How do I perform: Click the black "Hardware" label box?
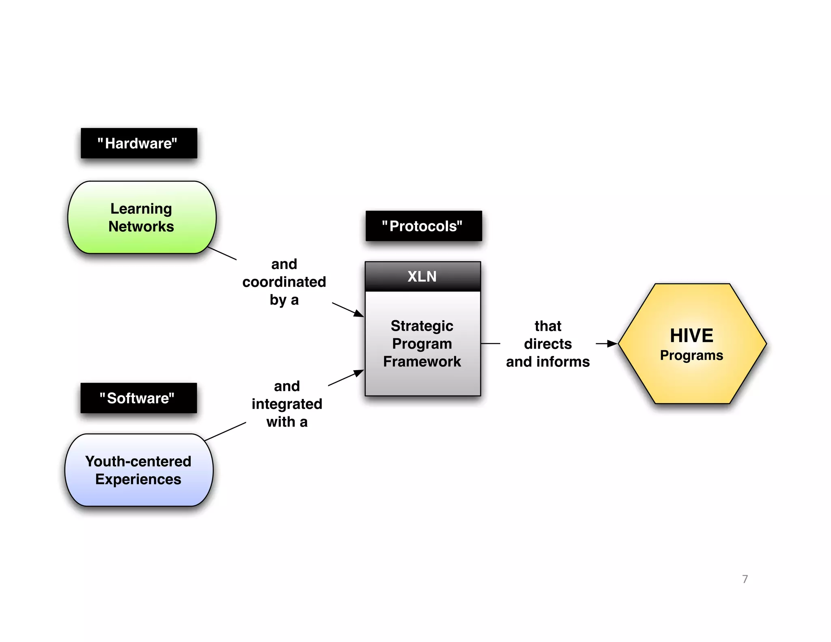click(x=139, y=143)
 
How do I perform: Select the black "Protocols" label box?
click(x=424, y=226)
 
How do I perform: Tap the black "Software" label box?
click(x=138, y=398)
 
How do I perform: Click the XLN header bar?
click(x=422, y=276)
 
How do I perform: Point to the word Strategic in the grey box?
click(x=422, y=326)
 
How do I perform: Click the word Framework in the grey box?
click(x=422, y=362)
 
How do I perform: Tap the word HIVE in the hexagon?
click(x=691, y=336)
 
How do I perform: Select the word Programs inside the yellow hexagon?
click(x=691, y=355)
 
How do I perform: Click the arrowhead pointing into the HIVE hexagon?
click(x=612, y=344)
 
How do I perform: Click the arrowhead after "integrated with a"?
click(x=358, y=373)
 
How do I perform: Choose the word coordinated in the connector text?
click(x=284, y=282)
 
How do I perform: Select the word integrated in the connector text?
click(x=287, y=404)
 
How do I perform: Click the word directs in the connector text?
click(x=548, y=344)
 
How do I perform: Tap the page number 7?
click(x=745, y=579)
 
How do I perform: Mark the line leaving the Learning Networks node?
click(x=222, y=253)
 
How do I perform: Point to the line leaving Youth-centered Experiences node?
click(x=225, y=431)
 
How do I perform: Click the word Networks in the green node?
click(x=141, y=226)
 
